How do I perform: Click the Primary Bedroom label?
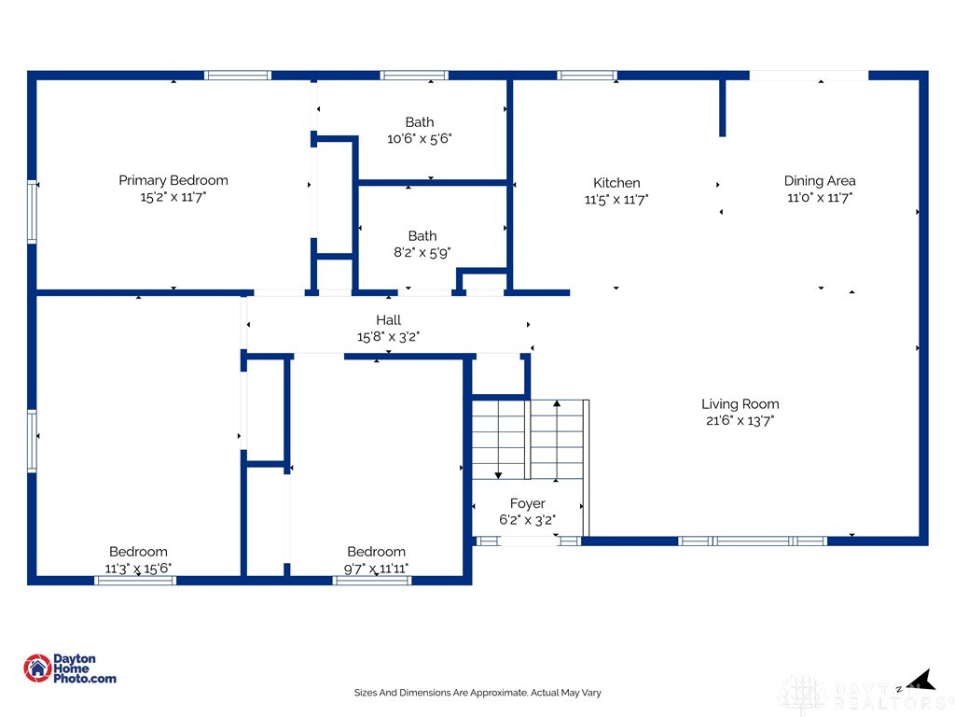[173, 180]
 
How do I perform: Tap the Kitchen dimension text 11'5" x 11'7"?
[616, 200]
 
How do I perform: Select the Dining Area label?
[820, 181]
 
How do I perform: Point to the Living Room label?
[740, 404]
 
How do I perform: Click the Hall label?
[389, 320]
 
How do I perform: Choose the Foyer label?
[528, 503]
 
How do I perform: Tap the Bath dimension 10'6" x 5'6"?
[420, 138]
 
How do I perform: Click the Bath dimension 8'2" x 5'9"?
[422, 252]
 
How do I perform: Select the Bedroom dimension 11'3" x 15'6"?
[138, 569]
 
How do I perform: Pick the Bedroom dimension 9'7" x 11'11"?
[377, 569]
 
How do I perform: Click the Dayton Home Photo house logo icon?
[37, 668]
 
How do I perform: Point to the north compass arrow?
[921, 680]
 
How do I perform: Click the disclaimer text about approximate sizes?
[477, 693]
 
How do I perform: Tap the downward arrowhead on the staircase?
[498, 475]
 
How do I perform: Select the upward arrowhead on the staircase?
[557, 403]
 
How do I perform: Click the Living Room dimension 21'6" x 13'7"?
[740, 421]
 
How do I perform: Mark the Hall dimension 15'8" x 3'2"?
[389, 336]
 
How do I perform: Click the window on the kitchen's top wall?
[588, 76]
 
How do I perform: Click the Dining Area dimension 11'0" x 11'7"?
[820, 198]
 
